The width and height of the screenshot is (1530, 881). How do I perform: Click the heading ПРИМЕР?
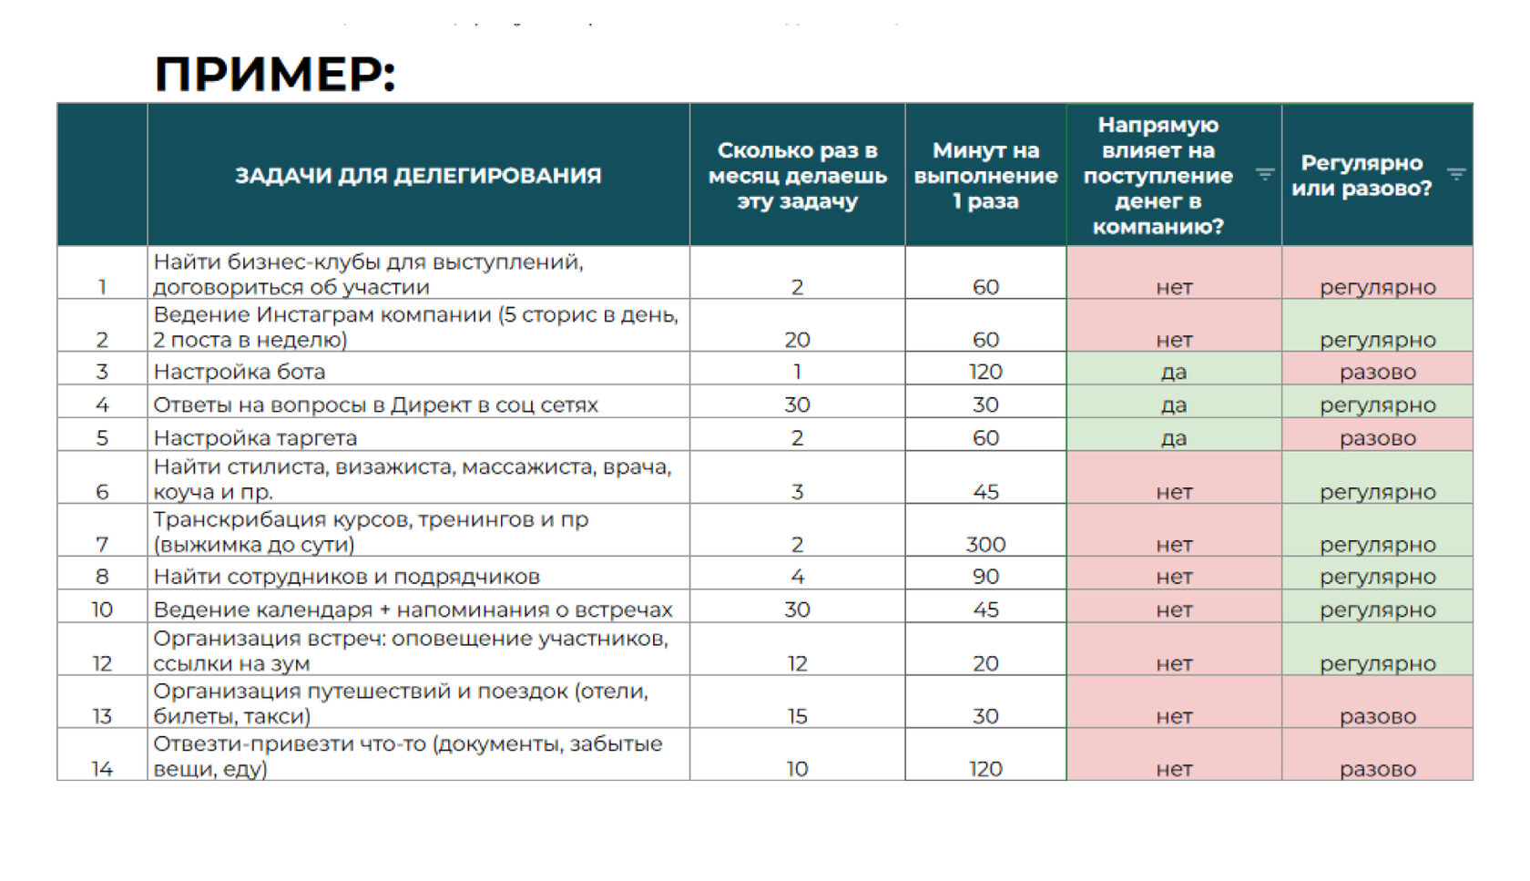click(275, 74)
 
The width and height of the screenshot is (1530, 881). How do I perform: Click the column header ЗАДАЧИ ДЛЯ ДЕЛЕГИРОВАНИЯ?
click(418, 175)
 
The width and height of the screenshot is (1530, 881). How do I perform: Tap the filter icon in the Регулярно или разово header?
click(1456, 174)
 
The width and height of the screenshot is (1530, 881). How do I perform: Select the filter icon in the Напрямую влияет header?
click(1265, 174)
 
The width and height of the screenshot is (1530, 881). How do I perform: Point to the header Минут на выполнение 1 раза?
click(985, 175)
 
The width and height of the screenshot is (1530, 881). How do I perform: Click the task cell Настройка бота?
click(240, 372)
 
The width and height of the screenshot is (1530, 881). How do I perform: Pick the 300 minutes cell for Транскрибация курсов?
click(985, 545)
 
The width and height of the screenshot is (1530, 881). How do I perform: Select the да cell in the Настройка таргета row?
click(1174, 438)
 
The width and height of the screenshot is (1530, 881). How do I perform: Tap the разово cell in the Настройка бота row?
click(1377, 372)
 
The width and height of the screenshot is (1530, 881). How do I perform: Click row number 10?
click(102, 610)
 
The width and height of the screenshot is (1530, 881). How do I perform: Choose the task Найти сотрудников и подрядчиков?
click(346, 577)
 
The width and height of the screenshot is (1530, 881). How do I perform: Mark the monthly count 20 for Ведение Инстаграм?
click(797, 340)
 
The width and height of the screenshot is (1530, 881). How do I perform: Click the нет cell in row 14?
click(1174, 769)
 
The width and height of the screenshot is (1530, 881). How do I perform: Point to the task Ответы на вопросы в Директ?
click(375, 405)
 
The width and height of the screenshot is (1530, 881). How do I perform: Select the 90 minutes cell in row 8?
click(985, 577)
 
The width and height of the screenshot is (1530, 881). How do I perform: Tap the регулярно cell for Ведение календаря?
click(1377, 610)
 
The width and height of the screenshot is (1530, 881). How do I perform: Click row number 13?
click(102, 716)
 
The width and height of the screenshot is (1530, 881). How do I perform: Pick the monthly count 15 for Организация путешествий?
click(797, 716)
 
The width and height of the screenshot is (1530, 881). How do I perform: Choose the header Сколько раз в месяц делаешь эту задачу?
click(797, 175)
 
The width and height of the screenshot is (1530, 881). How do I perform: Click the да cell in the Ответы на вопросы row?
click(1174, 405)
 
